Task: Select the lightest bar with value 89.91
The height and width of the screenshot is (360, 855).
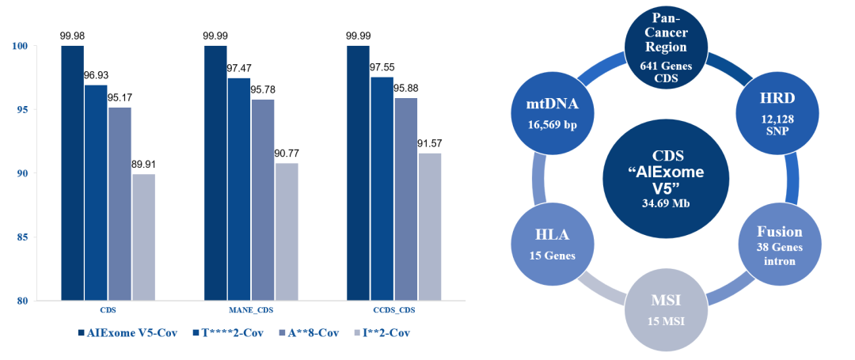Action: [x=143, y=237]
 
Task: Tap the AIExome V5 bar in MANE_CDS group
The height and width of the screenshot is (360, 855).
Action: [x=215, y=173]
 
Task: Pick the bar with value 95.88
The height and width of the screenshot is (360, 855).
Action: [x=405, y=199]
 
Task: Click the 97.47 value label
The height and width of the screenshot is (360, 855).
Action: [x=238, y=68]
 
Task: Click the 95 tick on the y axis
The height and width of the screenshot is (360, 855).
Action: [x=21, y=110]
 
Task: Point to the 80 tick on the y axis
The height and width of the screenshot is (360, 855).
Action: [x=21, y=301]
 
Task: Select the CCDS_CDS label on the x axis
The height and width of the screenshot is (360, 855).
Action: [x=393, y=310]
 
